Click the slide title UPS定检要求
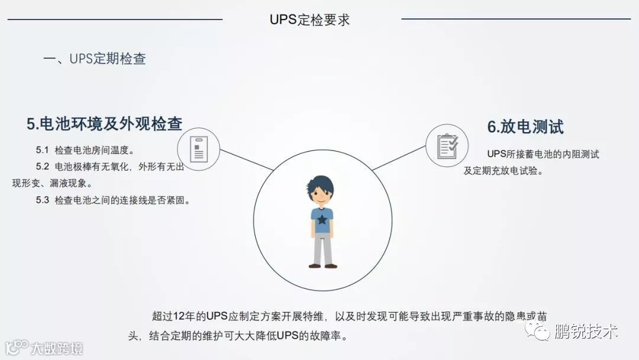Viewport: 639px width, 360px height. (309, 20)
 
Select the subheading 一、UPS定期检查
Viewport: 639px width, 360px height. (95, 59)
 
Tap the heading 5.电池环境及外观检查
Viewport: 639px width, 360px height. (104, 124)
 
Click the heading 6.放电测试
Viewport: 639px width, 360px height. (525, 127)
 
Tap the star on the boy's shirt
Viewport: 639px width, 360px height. (322, 220)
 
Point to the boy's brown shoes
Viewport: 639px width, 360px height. (322, 266)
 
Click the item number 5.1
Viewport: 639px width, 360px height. (42, 150)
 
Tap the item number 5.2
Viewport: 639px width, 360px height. (42, 166)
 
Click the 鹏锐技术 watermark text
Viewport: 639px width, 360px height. (586, 331)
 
